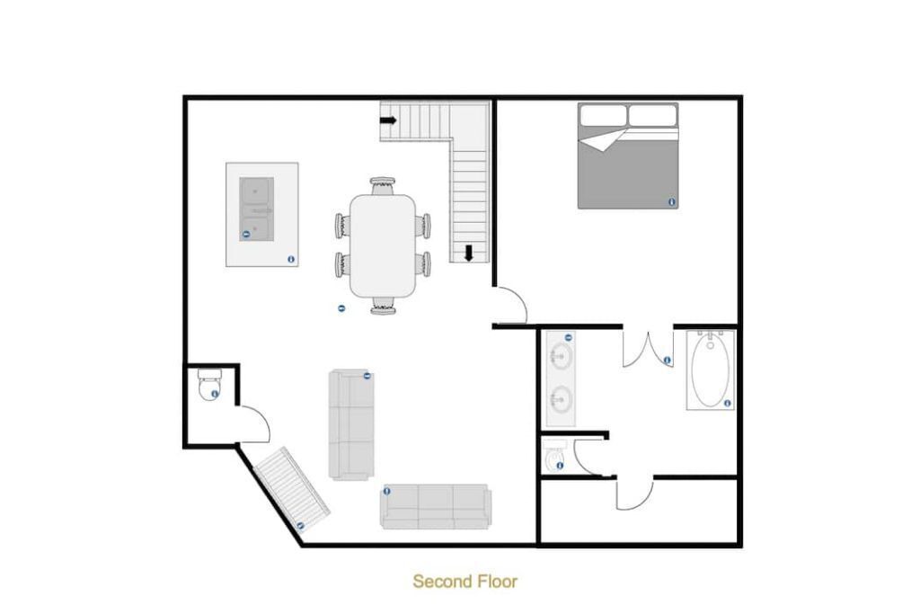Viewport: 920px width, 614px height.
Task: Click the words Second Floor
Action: click(464, 581)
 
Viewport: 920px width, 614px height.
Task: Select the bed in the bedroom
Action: click(628, 156)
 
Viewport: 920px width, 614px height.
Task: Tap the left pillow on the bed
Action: click(603, 115)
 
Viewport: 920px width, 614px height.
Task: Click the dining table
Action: click(383, 245)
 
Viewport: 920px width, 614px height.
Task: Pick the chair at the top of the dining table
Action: click(383, 185)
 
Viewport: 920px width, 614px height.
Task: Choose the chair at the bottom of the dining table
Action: click(383, 306)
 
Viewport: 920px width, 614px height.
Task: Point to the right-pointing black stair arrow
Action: click(388, 121)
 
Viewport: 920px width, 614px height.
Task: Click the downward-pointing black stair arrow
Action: click(468, 253)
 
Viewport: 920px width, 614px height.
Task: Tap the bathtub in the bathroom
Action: click(711, 369)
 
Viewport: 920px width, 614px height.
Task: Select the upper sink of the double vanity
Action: click(561, 356)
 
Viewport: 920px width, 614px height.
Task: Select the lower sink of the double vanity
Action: click(561, 400)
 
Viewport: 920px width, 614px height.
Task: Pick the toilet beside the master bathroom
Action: click(553, 456)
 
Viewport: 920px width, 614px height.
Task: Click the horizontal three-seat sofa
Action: click(436, 507)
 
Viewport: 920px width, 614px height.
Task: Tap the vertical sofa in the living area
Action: click(351, 424)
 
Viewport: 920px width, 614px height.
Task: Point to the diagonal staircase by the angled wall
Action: click(292, 488)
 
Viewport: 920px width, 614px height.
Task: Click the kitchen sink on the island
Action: click(256, 209)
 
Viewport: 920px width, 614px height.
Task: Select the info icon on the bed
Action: click(672, 202)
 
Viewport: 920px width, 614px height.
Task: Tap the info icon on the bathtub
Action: click(728, 404)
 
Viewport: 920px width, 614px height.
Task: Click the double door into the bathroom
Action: click(648, 349)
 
